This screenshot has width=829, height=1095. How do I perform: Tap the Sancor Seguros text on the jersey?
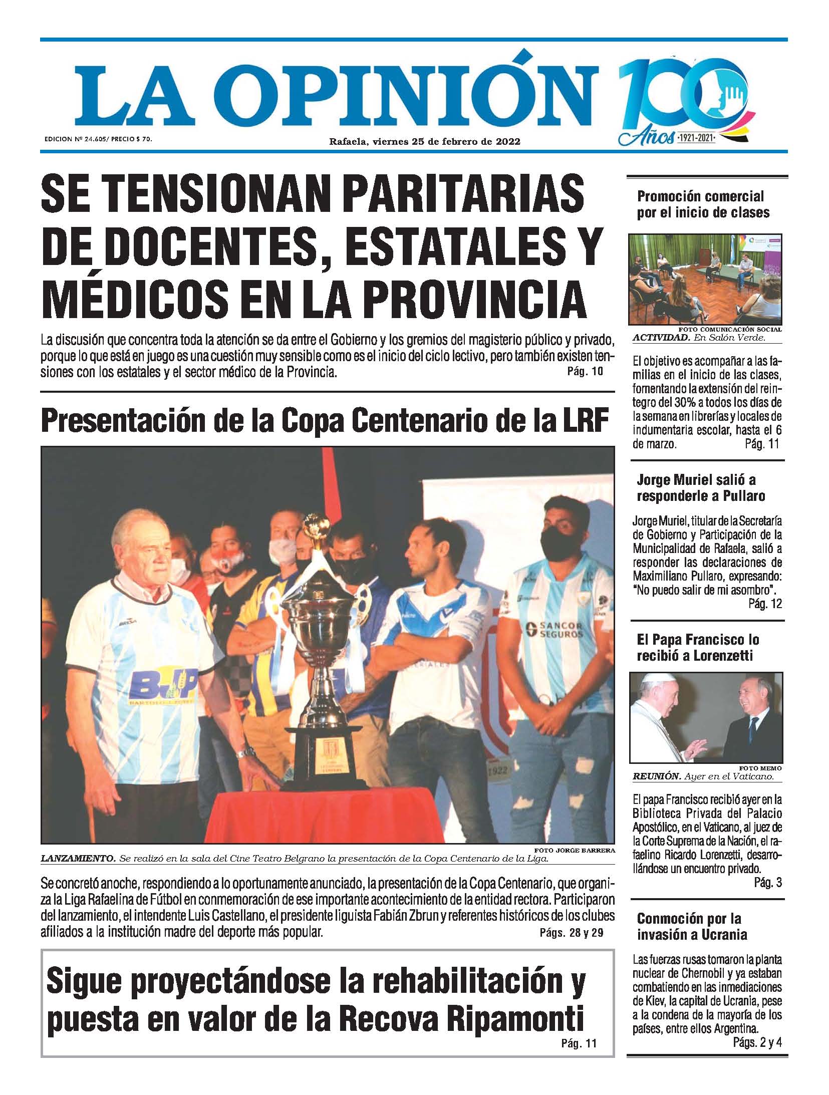(555, 630)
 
